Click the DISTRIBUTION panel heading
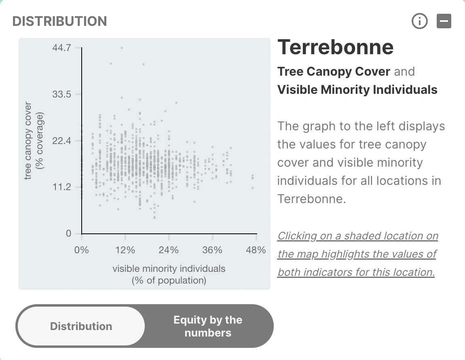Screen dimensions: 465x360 [x=59, y=21]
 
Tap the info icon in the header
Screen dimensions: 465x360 [x=420, y=21]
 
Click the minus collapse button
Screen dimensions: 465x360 [x=444, y=21]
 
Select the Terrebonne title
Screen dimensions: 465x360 [x=335, y=47]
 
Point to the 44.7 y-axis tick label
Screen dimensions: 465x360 [x=62, y=47]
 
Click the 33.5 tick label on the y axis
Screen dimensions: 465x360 [x=62, y=94]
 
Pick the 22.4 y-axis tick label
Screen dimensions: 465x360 [x=62, y=140]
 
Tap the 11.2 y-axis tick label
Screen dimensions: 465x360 [x=62, y=187]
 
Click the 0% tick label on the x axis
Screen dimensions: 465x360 [x=82, y=250]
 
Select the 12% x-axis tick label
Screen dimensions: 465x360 [x=125, y=250]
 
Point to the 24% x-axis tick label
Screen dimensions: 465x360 [x=169, y=250]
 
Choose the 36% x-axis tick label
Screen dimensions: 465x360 [x=212, y=250]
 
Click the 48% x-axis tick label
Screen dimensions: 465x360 [x=256, y=250]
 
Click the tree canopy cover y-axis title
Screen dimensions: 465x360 [x=34, y=141]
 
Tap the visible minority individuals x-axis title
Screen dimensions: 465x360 [x=169, y=274]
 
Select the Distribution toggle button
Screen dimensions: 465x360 [x=81, y=326]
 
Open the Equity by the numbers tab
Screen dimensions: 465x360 [x=208, y=326]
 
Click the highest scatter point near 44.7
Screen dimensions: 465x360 [x=122, y=48]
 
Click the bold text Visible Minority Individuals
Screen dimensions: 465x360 [x=357, y=90]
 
